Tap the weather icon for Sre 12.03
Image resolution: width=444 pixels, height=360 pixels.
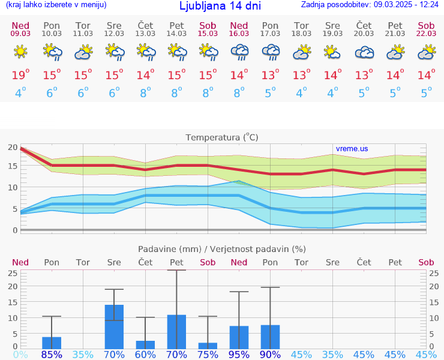coord(114,53)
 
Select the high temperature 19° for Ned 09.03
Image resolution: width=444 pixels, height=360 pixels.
coord(20,75)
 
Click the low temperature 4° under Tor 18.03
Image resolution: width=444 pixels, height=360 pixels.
coord(301,92)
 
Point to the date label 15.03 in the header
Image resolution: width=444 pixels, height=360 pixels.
coord(208,34)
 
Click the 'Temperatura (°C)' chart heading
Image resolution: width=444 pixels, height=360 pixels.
coord(222,137)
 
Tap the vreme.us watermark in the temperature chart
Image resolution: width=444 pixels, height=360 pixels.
coord(352,149)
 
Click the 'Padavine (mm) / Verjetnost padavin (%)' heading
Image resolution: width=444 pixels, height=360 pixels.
coord(222,249)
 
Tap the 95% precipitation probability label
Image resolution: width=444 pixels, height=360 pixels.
coord(239,355)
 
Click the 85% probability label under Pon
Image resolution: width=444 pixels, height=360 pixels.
coord(52,355)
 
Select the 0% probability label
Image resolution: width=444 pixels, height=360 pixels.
coord(20,355)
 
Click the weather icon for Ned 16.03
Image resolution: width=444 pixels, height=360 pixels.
coord(239,53)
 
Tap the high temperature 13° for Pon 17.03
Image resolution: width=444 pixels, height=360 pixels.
coord(270,75)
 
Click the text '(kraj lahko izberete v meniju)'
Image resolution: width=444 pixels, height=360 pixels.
coord(56,5)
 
